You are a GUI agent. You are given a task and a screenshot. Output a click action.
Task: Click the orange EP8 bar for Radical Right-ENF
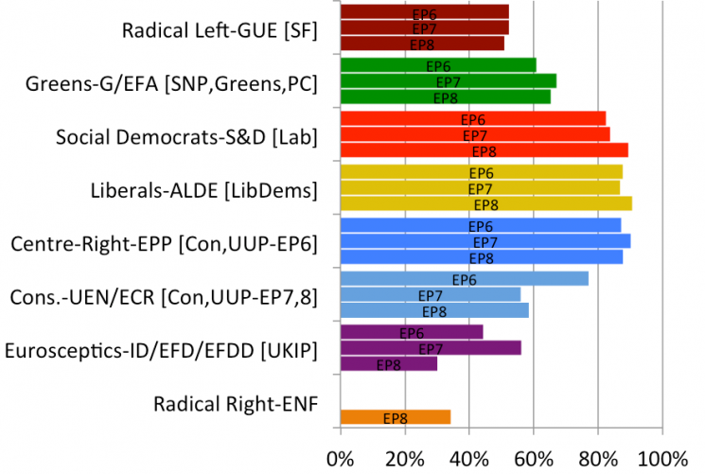click(x=395, y=417)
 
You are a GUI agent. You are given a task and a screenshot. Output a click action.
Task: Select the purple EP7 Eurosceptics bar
click(x=430, y=348)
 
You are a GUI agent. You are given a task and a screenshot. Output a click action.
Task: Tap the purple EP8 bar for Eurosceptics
click(x=388, y=364)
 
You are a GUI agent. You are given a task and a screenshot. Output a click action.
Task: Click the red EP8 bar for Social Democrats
click(x=484, y=150)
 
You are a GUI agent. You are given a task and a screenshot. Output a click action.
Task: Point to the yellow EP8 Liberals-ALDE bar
click(x=485, y=204)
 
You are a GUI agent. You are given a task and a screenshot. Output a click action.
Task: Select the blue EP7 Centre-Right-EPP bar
click(x=485, y=242)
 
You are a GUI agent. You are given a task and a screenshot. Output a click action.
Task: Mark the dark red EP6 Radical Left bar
click(x=424, y=12)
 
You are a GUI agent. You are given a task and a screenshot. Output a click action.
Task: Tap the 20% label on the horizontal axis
click(x=405, y=459)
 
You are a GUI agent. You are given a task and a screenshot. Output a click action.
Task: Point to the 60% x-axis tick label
click(x=534, y=459)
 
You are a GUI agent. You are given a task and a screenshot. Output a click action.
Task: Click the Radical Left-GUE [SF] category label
click(x=220, y=30)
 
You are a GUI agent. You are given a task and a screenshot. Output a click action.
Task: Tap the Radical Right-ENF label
click(x=235, y=405)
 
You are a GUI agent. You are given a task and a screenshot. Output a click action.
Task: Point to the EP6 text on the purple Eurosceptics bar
click(x=412, y=333)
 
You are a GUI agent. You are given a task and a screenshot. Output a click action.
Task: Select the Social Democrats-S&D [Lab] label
click(x=185, y=137)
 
